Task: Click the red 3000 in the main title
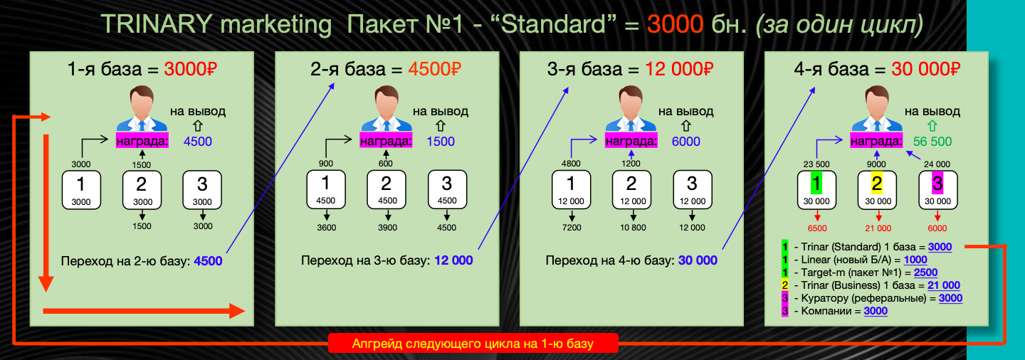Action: [675, 23]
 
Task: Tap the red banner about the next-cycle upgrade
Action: [473, 344]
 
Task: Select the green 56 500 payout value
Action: [932, 142]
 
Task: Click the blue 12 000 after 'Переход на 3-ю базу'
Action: [453, 260]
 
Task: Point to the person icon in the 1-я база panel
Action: [142, 109]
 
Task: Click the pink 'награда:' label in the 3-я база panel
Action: [631, 142]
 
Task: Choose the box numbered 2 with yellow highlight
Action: [877, 190]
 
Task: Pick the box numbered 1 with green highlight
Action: [816, 190]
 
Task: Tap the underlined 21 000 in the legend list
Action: [944, 285]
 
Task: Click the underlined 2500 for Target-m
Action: [925, 272]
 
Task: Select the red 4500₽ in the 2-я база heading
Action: [434, 69]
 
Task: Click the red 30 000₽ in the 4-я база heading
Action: [925, 69]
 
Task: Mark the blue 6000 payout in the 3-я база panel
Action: [685, 142]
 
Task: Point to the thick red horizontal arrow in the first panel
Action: [144, 312]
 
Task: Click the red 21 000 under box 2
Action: [878, 228]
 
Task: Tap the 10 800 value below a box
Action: [633, 228]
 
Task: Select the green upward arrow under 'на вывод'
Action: [932, 126]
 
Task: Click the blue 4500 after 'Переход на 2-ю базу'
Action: [208, 261]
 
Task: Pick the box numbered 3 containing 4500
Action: [447, 189]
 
